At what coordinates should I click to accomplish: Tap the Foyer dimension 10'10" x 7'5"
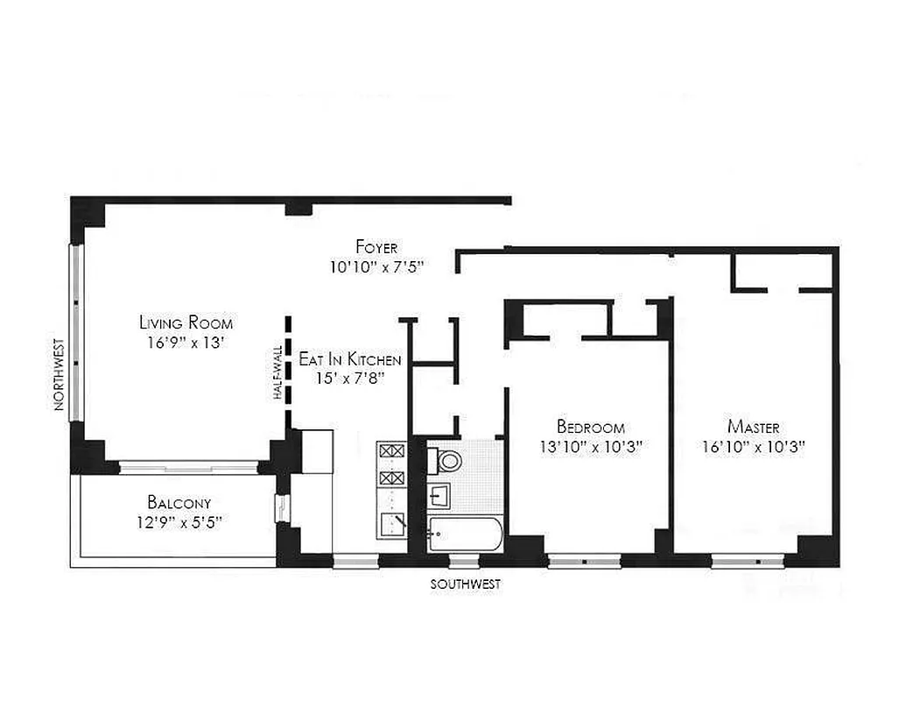point(376,266)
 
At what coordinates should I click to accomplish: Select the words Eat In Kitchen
point(350,359)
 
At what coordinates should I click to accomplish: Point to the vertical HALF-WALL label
point(277,372)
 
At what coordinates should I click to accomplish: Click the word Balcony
point(179,503)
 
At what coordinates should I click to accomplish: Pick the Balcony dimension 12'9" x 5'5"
point(179,522)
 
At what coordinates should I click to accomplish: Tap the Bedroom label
point(591,428)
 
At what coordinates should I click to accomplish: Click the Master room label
point(753,427)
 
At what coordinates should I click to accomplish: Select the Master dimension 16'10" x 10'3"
point(753,446)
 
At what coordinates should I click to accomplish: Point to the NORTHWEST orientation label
point(60,374)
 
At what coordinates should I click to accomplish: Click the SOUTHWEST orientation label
point(466,584)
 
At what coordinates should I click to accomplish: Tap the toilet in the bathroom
point(449,460)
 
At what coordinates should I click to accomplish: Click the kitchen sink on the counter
point(391,526)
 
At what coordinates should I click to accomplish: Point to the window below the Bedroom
point(584,560)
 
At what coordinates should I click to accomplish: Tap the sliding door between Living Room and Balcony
point(188,467)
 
